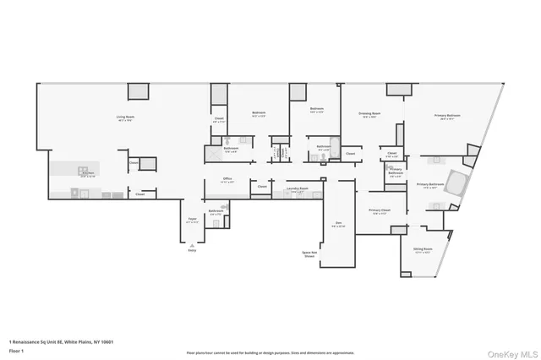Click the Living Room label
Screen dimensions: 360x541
(127, 117)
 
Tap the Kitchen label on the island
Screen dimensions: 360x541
(87, 175)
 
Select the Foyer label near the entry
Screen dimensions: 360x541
(192, 221)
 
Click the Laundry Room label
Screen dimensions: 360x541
(298, 190)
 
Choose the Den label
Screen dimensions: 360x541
(338, 224)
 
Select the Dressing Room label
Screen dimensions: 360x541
(369, 115)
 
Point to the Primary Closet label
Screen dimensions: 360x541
(379, 211)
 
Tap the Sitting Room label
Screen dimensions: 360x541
(423, 250)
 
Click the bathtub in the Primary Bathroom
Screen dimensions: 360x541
(456, 183)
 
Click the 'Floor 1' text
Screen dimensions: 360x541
(16, 350)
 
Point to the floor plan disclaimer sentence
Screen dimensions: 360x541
(270, 352)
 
